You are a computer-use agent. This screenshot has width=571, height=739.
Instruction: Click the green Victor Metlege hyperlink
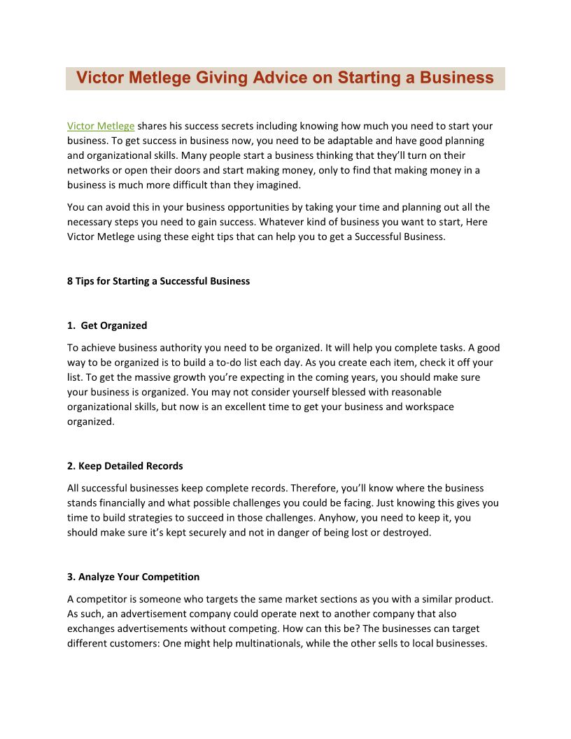pyautogui.click(x=101, y=126)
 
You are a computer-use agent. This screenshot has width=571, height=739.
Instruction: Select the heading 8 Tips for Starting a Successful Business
pyautogui.click(x=158, y=281)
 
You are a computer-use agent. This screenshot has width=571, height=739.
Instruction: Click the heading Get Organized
pyautogui.click(x=114, y=325)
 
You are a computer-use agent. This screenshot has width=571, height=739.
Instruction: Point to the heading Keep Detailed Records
pyautogui.click(x=125, y=466)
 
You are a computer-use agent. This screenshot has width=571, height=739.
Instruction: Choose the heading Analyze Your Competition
pyautogui.click(x=133, y=577)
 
